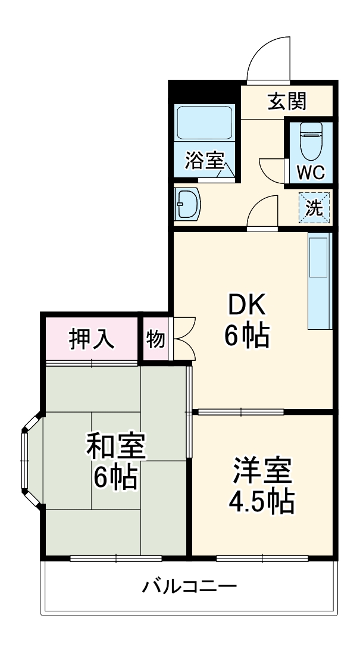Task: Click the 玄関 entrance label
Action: pos(287,102)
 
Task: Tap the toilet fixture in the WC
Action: pos(309,140)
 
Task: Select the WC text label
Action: pos(310,173)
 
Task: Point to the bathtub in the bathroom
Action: pos(204,123)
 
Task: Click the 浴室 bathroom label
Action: pos(204,160)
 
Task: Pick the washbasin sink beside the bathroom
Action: pos(188,205)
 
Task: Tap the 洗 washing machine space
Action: pos(314,208)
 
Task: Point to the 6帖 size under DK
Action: pos(247,336)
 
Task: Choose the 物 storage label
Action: pos(155,339)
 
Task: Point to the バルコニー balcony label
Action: pos(189,588)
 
